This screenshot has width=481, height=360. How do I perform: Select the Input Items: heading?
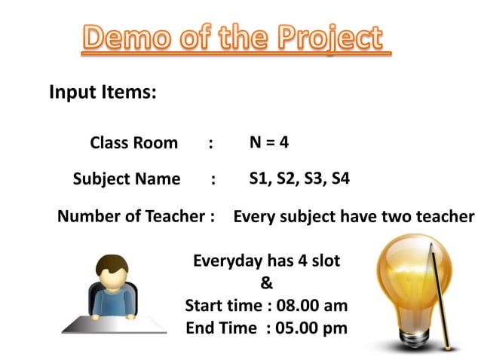[103, 93]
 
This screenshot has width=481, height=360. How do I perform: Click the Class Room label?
[134, 143]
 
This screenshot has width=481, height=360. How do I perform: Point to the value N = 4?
[269, 142]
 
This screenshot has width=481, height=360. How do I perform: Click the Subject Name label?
[127, 179]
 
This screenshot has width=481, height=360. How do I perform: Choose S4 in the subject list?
[339, 178]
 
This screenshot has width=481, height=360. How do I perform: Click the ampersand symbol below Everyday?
[266, 284]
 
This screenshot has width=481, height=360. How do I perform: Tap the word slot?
[324, 261]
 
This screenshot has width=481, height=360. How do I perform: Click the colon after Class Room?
[211, 143]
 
